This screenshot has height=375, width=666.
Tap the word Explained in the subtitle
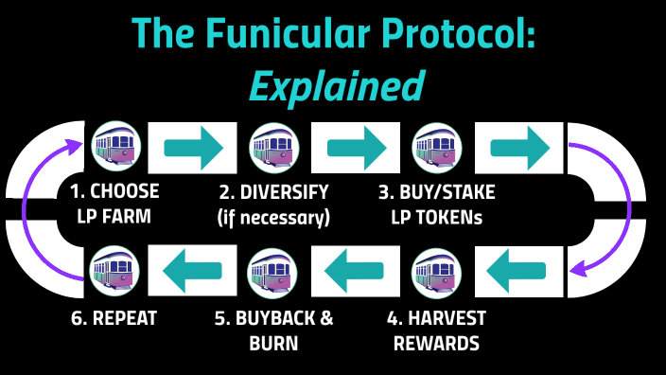(336, 86)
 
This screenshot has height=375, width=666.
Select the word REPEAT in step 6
(124, 319)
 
